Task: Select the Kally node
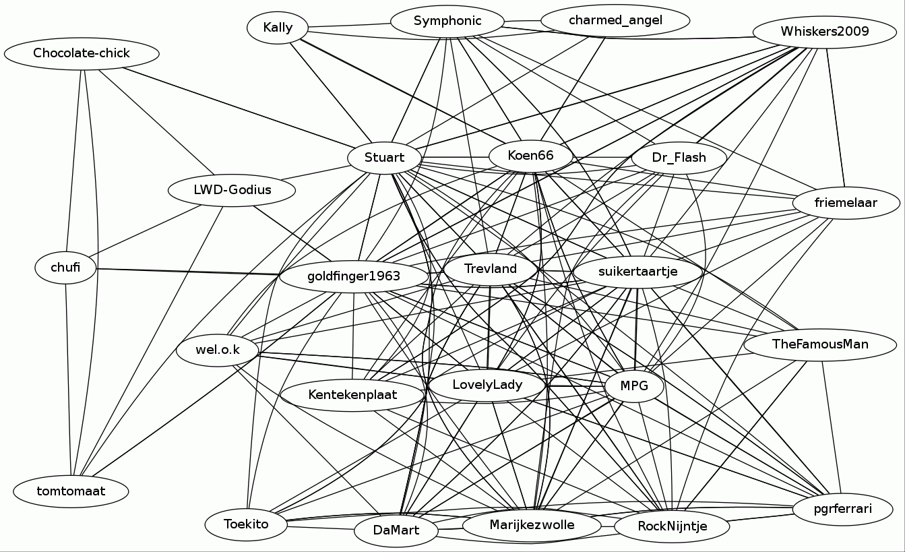[278, 28]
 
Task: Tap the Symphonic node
[447, 21]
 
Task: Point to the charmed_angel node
[615, 20]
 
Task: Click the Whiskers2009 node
[824, 32]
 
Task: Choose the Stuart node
[384, 158]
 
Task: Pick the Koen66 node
[530, 156]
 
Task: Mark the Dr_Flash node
[679, 158]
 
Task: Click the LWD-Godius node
[232, 190]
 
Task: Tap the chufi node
[65, 268]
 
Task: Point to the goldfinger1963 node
[354, 276]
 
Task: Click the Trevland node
[491, 269]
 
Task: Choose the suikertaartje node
[637, 272]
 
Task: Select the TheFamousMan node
[820, 344]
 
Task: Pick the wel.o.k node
[218, 350]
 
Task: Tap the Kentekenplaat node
[352, 394]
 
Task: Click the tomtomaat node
[71, 491]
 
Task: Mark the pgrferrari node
[842, 509]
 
